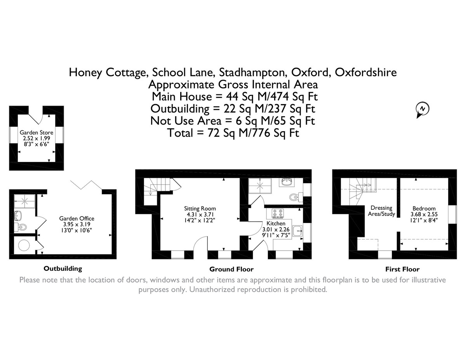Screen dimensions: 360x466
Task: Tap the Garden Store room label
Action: [x=37, y=132]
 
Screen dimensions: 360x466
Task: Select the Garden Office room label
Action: [x=76, y=218]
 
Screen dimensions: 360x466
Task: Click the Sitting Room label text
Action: [x=200, y=209]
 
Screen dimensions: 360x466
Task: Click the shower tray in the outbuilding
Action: [x=24, y=201]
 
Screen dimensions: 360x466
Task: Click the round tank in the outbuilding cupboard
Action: [x=24, y=245]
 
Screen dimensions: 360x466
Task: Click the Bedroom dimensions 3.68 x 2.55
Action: [x=424, y=214]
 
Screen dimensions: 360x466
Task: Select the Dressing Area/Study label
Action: [x=381, y=211]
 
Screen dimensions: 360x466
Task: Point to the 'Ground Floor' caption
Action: [x=231, y=269]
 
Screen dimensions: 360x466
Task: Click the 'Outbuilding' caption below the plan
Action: [x=63, y=268]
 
